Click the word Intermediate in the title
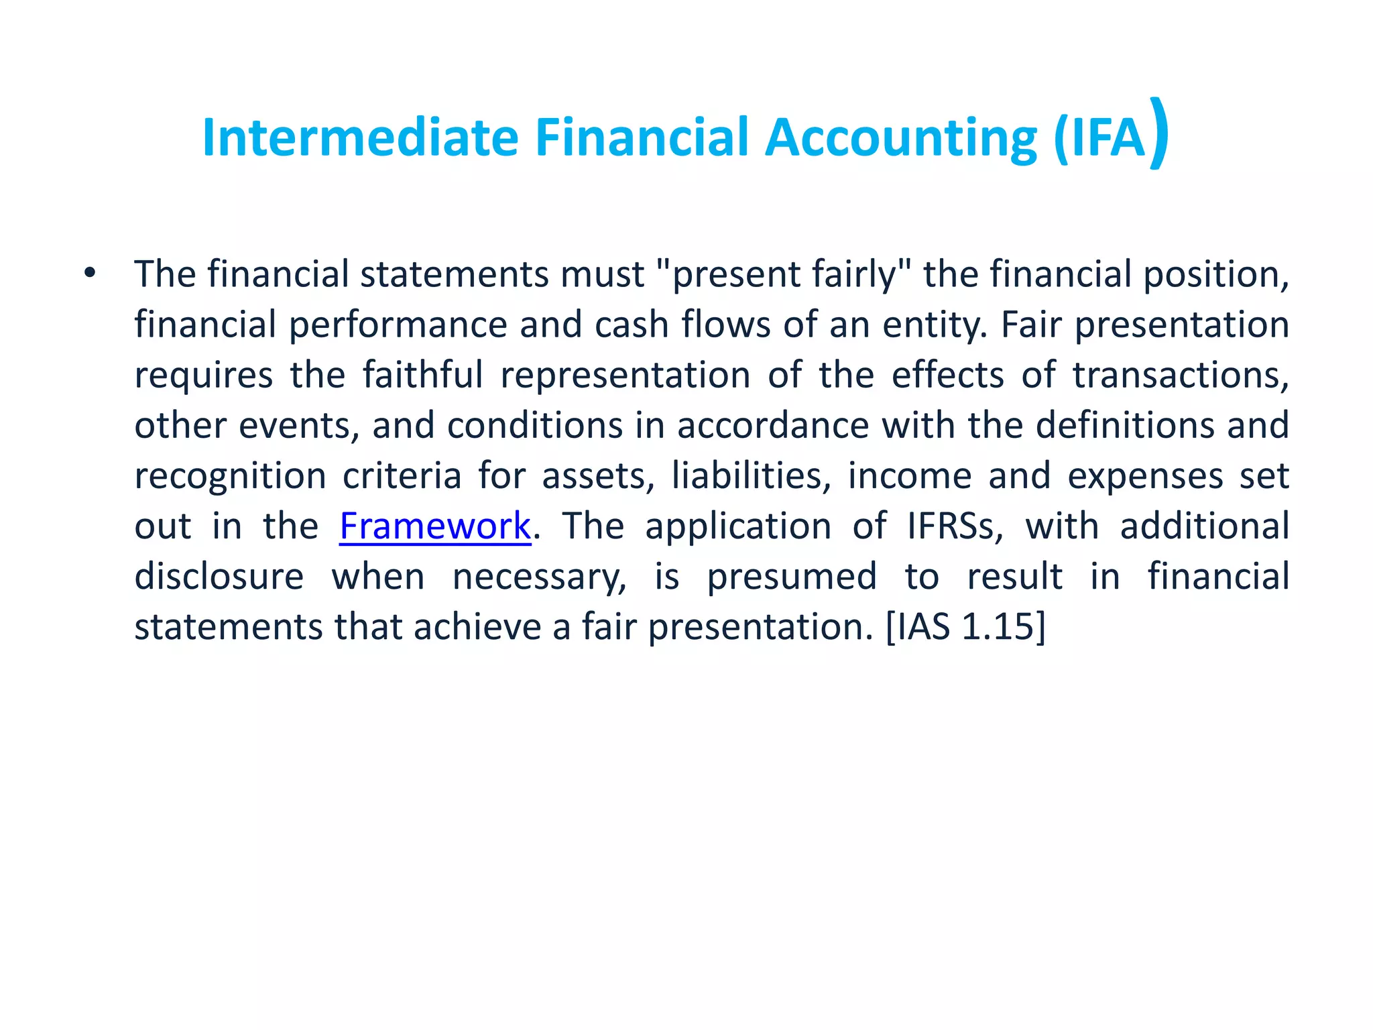point(360,138)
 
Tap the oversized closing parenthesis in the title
point(1158,134)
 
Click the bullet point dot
point(90,273)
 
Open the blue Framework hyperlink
point(435,526)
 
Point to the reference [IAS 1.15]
point(965,627)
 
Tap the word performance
point(398,325)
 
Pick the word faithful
point(422,376)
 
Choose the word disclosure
point(219,577)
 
